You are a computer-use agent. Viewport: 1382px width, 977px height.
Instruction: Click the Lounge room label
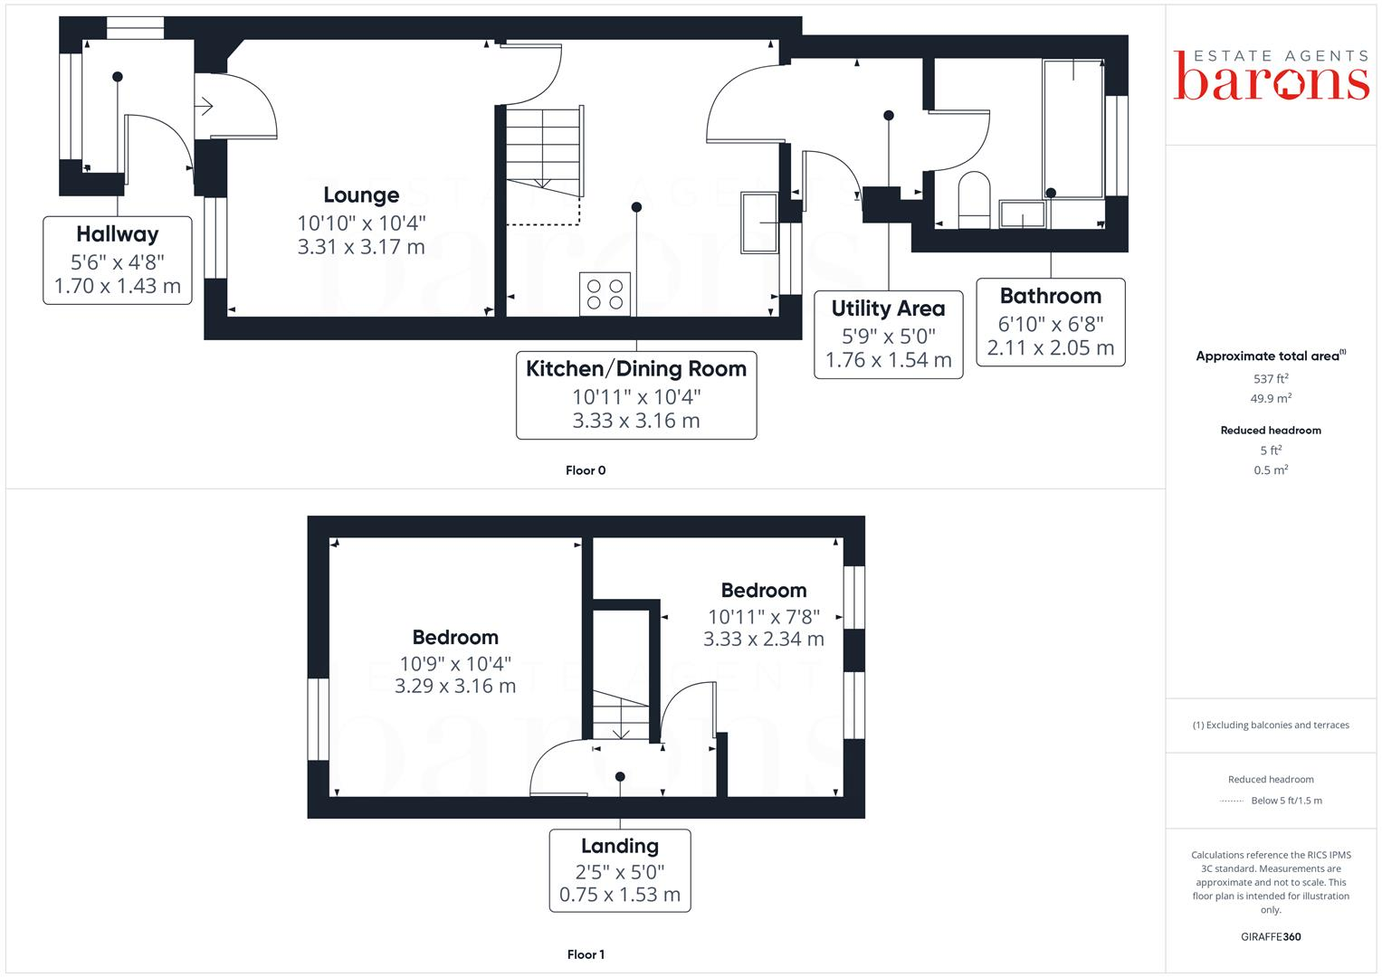pos(361,195)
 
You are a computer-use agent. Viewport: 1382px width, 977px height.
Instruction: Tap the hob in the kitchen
pos(605,294)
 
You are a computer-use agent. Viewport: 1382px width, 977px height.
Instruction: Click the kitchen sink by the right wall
pos(759,223)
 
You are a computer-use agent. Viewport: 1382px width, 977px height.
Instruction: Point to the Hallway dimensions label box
pos(118,261)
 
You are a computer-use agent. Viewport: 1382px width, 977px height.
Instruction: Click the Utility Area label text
pos(888,308)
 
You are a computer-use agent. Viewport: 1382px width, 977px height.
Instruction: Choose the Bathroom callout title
pos(1050,296)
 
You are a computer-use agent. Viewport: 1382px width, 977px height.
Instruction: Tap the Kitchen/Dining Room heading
pos(635,369)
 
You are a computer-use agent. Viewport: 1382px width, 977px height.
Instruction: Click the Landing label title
pos(620,846)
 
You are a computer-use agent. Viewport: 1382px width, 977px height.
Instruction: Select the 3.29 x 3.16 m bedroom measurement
pos(455,686)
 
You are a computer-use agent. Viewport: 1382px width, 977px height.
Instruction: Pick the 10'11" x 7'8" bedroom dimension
pos(763,616)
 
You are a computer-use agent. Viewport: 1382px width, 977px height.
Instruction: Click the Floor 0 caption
pos(586,470)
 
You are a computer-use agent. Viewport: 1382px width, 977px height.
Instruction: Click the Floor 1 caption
pos(586,954)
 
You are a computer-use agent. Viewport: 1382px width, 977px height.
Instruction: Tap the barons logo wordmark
pos(1271,81)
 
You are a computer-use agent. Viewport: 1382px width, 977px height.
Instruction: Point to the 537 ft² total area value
pos(1271,379)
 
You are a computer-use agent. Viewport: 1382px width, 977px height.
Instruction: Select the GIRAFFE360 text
pos(1271,936)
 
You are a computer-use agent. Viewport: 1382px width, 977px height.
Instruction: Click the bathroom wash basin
pos(1023,214)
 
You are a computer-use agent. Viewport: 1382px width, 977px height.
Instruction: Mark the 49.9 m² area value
pos(1271,399)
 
